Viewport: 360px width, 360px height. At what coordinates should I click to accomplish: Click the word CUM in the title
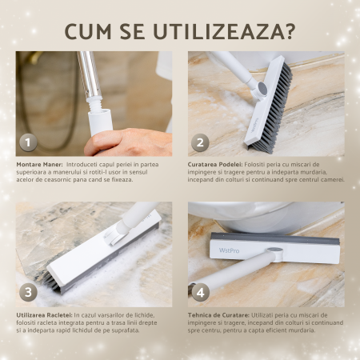[x=88, y=32]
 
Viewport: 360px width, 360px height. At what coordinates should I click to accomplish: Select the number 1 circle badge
[x=28, y=142]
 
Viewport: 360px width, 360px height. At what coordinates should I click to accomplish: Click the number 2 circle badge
[x=200, y=142]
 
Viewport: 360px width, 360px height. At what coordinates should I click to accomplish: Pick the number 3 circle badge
[x=28, y=292]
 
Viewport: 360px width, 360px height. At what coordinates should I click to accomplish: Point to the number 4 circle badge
[x=200, y=292]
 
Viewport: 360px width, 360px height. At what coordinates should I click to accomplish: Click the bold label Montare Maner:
[x=40, y=165]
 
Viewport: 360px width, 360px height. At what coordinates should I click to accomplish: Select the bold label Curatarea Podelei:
[x=215, y=165]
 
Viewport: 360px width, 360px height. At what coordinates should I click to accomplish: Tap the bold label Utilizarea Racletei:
[x=44, y=315]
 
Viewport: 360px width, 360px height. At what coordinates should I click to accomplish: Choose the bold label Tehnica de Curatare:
[x=218, y=315]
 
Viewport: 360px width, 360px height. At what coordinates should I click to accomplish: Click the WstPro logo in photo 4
[x=229, y=250]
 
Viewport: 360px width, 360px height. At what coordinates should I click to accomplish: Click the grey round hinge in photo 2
[x=262, y=87]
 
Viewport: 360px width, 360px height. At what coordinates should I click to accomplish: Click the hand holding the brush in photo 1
[x=128, y=142]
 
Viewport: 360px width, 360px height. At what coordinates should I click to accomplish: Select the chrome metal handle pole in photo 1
[x=89, y=74]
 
